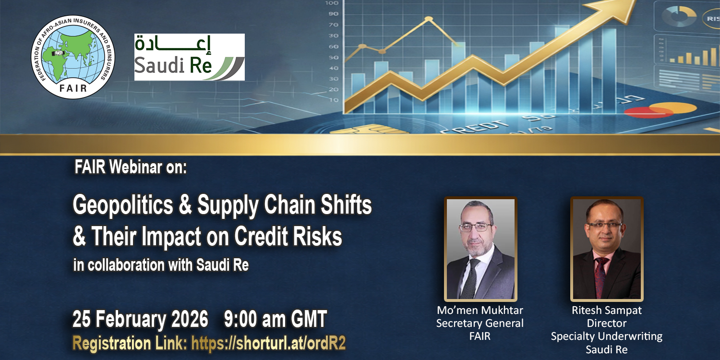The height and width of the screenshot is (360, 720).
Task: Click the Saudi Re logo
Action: (x=189, y=57)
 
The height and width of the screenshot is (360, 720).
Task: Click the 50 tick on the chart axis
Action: (x=333, y=58)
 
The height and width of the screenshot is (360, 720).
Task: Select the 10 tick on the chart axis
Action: (x=333, y=100)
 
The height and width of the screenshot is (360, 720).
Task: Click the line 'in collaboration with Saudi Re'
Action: (x=161, y=265)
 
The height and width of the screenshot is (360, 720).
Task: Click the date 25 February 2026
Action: (x=140, y=319)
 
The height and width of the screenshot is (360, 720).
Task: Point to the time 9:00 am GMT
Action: (x=275, y=319)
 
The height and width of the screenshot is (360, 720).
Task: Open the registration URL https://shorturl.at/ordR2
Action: (x=268, y=343)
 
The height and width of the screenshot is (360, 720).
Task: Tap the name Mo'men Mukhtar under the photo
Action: (x=480, y=310)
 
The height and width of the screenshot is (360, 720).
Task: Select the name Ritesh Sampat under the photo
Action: (x=607, y=310)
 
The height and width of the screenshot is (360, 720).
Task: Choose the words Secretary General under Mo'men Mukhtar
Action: (x=480, y=323)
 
